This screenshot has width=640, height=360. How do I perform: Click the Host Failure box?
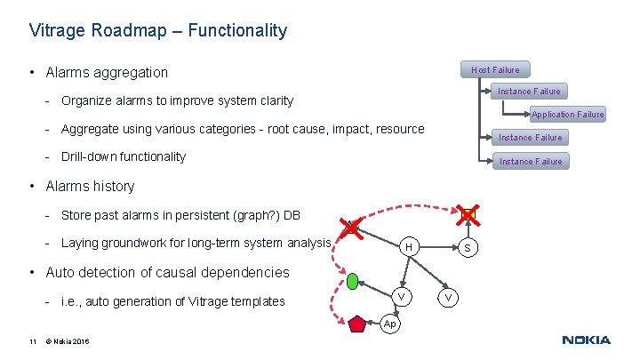(x=494, y=69)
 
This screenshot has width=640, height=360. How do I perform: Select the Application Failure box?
(x=567, y=114)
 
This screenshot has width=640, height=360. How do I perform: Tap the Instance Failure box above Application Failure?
(x=528, y=91)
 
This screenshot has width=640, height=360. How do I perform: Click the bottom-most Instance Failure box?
(x=530, y=161)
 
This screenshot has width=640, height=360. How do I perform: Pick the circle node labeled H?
(x=406, y=246)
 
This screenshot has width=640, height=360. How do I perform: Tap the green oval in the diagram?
(x=352, y=282)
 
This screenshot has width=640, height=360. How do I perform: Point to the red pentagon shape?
(x=357, y=324)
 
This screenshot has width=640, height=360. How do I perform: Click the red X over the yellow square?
(x=468, y=214)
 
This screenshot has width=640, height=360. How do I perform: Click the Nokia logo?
(x=586, y=340)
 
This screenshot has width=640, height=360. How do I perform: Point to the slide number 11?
(x=32, y=340)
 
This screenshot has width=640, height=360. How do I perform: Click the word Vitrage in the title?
(x=56, y=31)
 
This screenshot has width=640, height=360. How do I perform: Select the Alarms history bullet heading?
(x=90, y=186)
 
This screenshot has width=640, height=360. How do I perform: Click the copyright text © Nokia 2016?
(x=66, y=340)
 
